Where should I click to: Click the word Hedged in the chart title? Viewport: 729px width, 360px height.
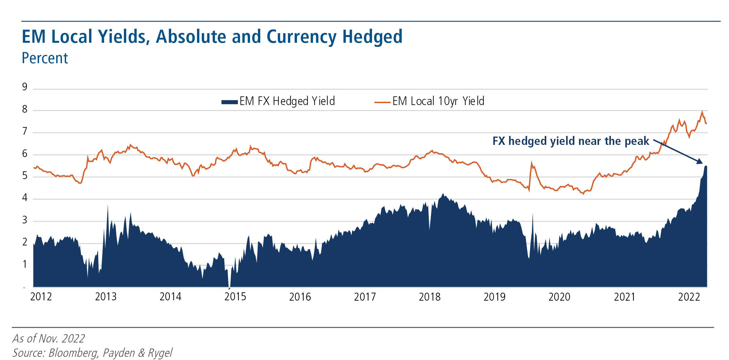(x=372, y=37)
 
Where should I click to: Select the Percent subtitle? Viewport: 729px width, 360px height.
(x=45, y=58)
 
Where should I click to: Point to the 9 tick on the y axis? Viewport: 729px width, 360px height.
(x=25, y=87)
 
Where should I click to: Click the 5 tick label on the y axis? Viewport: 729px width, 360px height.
(x=25, y=176)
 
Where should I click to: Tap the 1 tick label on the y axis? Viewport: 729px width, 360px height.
(x=25, y=264)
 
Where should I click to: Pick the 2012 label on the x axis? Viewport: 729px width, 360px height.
(x=41, y=297)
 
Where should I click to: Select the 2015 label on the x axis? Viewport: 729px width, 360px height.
(x=235, y=297)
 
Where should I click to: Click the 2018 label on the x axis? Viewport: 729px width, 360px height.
(x=429, y=297)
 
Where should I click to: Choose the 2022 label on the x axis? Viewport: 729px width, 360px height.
(x=689, y=297)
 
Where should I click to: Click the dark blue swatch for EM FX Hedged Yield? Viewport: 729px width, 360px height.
(x=230, y=102)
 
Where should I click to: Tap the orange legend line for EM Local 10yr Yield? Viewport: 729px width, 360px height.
(x=382, y=102)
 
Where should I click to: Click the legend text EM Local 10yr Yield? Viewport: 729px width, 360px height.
(x=438, y=101)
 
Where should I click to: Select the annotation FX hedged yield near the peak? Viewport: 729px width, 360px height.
(x=571, y=141)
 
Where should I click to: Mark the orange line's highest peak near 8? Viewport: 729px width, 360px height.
(x=702, y=112)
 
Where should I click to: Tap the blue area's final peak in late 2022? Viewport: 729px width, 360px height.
(x=706, y=166)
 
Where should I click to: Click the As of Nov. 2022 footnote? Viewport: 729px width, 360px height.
(x=49, y=338)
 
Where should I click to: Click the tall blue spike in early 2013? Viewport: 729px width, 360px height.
(x=108, y=206)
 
